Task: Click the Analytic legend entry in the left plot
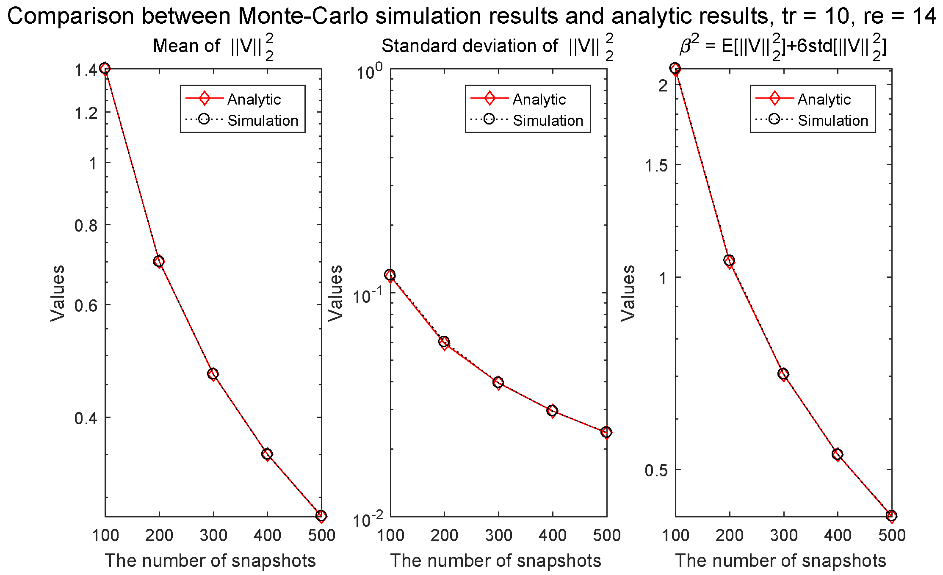point(253,100)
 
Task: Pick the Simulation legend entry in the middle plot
point(548,121)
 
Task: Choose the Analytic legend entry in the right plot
point(824,100)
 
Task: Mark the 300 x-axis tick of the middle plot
point(498,536)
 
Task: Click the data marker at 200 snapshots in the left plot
point(159,261)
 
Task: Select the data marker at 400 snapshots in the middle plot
point(552,410)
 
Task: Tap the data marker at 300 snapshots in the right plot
point(783,374)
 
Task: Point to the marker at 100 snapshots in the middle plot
point(390,275)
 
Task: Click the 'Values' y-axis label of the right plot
point(628,293)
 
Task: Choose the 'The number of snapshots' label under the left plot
point(210,561)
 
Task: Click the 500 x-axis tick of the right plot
point(892,536)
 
